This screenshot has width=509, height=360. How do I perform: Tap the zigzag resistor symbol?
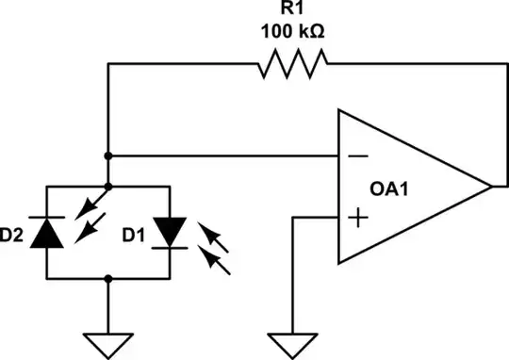tap(291, 64)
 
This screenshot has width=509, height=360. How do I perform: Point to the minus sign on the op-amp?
tap(356, 155)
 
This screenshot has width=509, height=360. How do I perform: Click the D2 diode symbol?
tap(48, 232)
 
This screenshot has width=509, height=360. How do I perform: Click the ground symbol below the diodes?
tap(109, 344)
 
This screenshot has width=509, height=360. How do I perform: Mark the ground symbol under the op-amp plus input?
tap(295, 344)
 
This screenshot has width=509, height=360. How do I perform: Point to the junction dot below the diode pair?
tap(109, 279)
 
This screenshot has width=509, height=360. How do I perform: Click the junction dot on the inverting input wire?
tap(109, 155)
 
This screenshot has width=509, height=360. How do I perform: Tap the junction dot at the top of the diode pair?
tap(109, 186)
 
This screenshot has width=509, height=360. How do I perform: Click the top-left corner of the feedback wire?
tap(109, 64)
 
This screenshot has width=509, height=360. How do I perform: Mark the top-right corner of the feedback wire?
tap(491, 64)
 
